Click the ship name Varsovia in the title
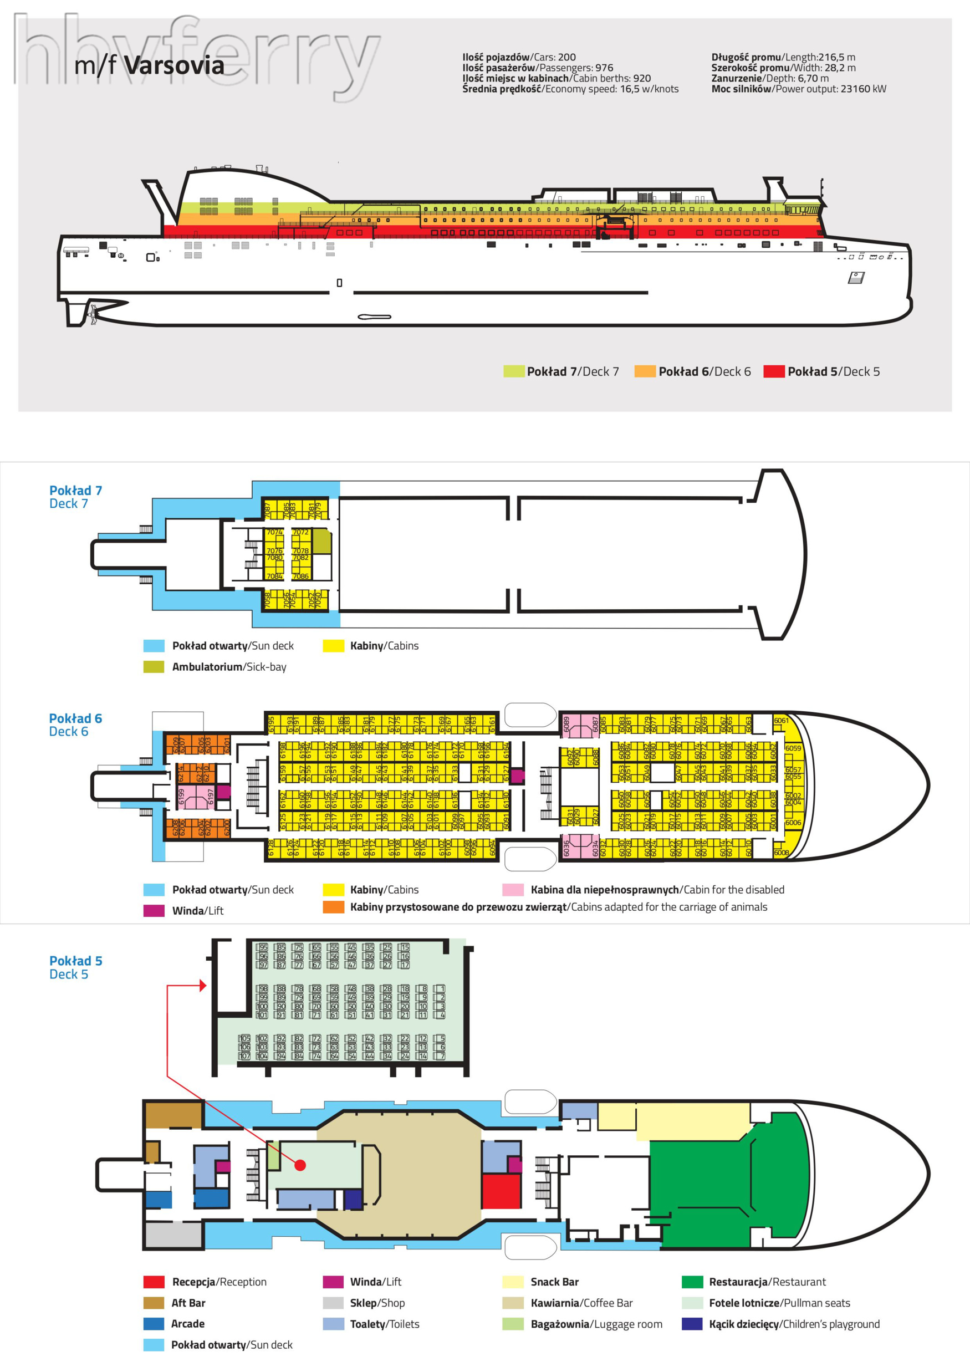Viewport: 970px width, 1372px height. point(174,65)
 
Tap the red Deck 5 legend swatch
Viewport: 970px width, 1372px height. point(773,371)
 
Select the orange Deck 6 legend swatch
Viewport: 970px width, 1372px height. point(644,371)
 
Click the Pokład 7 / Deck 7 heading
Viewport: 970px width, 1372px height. point(75,497)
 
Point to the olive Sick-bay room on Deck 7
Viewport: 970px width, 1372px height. point(321,541)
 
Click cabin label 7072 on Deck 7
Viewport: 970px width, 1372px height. point(300,532)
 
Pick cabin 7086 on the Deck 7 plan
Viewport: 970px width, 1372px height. point(300,576)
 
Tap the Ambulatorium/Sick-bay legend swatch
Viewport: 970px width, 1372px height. point(154,666)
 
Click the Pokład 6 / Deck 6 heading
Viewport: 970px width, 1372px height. point(75,725)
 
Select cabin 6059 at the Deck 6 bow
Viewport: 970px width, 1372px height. point(793,748)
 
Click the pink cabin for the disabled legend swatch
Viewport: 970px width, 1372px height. point(513,890)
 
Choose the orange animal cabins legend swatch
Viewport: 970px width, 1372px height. point(333,907)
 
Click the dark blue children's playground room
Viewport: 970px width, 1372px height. point(353,1199)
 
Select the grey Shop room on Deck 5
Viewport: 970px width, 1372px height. point(173,1235)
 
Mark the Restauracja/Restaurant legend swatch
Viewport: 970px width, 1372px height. point(692,1282)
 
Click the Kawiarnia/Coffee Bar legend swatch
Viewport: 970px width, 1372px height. point(513,1303)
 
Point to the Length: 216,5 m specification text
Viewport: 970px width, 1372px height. point(783,57)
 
